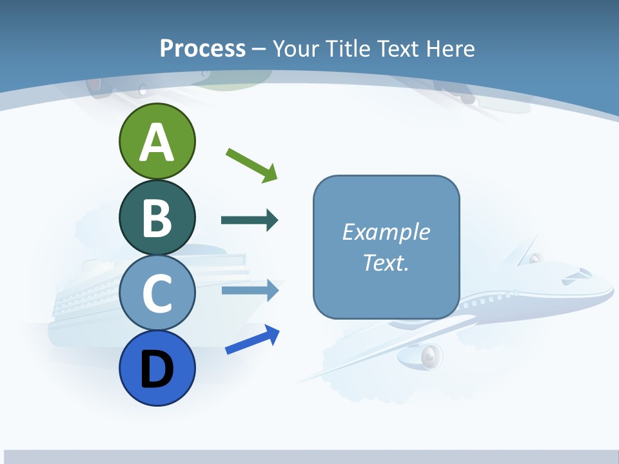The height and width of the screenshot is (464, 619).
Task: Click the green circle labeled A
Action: [x=157, y=141]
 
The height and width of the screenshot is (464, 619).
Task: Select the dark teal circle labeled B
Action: [x=157, y=217]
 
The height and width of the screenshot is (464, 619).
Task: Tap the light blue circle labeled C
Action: [x=157, y=293]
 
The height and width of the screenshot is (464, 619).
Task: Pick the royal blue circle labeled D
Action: [x=157, y=368]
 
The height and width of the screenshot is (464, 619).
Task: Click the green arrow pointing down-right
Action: [x=252, y=165]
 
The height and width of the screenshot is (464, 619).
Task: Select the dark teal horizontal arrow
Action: [x=250, y=220]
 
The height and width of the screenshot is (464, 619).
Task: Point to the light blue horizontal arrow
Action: [x=250, y=290]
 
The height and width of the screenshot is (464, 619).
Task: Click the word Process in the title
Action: [x=202, y=48]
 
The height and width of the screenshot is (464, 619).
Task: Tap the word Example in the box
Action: [x=386, y=232]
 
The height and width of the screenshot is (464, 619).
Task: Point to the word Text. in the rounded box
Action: [x=386, y=262]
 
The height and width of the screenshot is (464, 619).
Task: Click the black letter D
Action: [x=157, y=369]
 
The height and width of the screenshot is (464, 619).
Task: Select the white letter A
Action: [x=157, y=142]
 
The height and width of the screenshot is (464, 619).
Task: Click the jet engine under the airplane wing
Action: [x=429, y=355]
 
